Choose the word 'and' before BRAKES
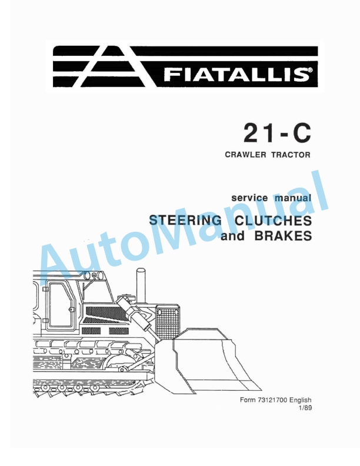(231, 238)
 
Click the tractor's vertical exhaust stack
(140, 286)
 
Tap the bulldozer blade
(212, 359)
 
